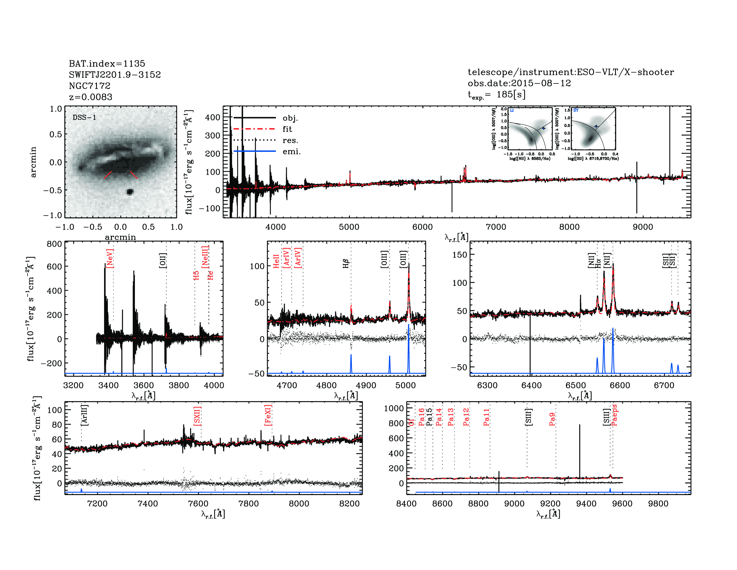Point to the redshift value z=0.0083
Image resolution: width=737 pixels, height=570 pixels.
coord(90,97)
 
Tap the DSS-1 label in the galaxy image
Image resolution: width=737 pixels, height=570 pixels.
coord(84,118)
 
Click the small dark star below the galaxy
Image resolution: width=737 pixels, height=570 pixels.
coord(130,192)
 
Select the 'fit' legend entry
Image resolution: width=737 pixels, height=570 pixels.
coord(287,129)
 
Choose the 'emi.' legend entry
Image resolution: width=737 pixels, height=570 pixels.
coord(291,152)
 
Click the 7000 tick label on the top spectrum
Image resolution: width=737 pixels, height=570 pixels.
coord(496,227)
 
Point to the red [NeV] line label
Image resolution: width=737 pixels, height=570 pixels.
coord(110,258)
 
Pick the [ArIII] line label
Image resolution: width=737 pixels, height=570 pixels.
coord(84,415)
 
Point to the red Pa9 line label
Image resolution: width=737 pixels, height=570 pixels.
coord(552,419)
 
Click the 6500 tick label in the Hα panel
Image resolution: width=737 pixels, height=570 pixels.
coord(576,385)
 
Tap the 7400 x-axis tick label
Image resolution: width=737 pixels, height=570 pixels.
coord(148,503)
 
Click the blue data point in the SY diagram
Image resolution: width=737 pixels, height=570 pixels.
coord(596,126)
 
